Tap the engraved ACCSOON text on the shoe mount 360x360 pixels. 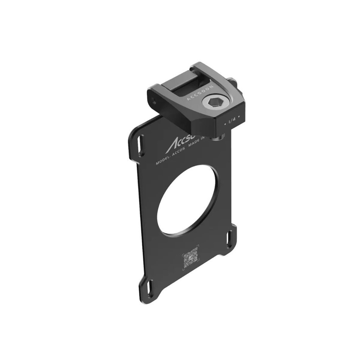coord(201,92)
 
